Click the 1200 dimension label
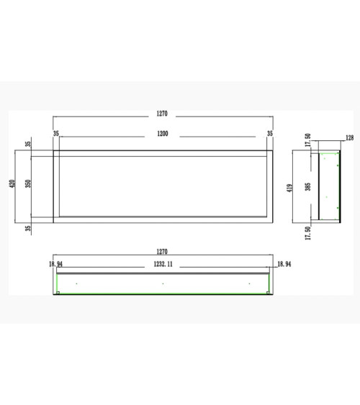(163, 134)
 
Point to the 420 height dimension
(13, 183)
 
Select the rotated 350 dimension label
(28, 183)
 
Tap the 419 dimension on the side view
(289, 188)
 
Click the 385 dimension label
(307, 187)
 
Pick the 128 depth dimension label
(349, 138)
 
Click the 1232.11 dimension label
(163, 264)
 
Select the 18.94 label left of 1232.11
(55, 264)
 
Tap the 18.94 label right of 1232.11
(284, 264)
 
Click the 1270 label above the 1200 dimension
(162, 114)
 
